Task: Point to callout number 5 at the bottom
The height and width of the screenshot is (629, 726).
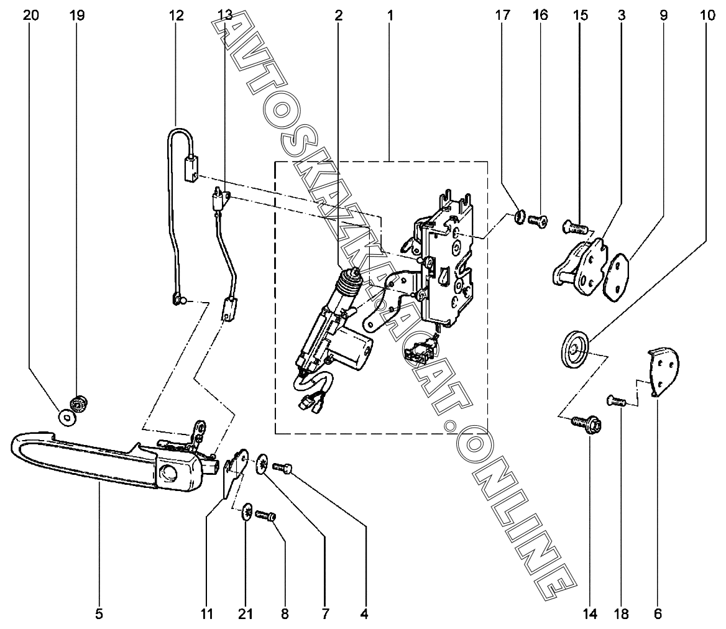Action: coord(99,615)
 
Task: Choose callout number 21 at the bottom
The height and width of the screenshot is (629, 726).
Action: coord(246,615)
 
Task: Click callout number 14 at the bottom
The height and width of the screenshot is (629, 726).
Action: coord(590,615)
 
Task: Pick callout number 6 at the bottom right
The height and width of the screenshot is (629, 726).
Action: coord(658,615)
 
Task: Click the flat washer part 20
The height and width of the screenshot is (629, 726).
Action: coord(66,417)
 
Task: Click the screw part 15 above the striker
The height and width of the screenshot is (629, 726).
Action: coord(574,227)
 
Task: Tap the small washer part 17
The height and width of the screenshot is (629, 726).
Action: coord(517,217)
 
